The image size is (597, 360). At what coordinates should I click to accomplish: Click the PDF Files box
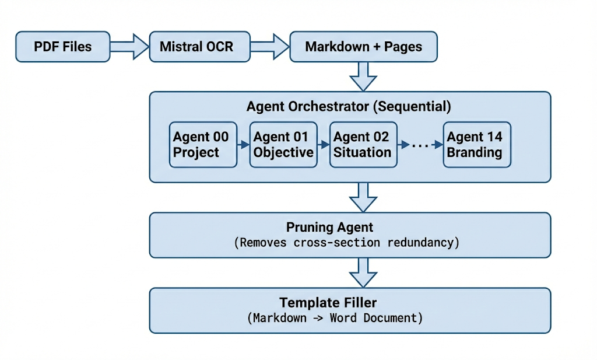[x=62, y=47]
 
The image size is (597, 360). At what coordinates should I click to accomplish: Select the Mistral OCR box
[x=196, y=47]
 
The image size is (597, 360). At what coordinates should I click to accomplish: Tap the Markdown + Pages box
[x=363, y=47]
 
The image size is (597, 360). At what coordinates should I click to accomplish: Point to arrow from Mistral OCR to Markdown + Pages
[x=271, y=47]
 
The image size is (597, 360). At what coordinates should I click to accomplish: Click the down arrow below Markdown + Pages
[x=363, y=76]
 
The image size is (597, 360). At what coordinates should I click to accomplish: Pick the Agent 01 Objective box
[x=283, y=145]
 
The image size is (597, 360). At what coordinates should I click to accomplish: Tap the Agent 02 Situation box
[x=363, y=145]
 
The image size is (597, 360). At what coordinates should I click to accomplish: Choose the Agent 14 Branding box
[x=476, y=145]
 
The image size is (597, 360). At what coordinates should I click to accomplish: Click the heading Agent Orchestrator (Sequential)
[x=349, y=107]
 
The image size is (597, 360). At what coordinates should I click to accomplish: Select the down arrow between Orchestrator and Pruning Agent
[x=363, y=197]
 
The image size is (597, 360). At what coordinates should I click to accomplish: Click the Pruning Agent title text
[x=329, y=228]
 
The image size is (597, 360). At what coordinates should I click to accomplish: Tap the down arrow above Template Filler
[x=363, y=272]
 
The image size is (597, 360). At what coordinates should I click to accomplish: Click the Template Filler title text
[x=328, y=303]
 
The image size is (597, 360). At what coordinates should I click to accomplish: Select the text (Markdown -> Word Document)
[x=335, y=318]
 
